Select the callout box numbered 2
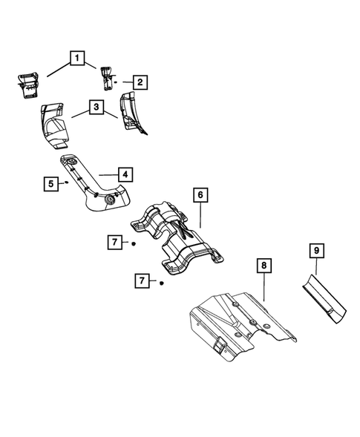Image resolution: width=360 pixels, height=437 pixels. [x=139, y=82]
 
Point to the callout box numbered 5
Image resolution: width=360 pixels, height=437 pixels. [x=50, y=183]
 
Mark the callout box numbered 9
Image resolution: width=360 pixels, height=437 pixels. [x=315, y=252]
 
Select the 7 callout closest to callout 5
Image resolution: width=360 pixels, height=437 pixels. [x=114, y=243]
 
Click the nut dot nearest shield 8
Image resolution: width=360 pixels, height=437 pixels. [x=160, y=283]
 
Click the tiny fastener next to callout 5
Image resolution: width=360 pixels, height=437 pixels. [x=66, y=181]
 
